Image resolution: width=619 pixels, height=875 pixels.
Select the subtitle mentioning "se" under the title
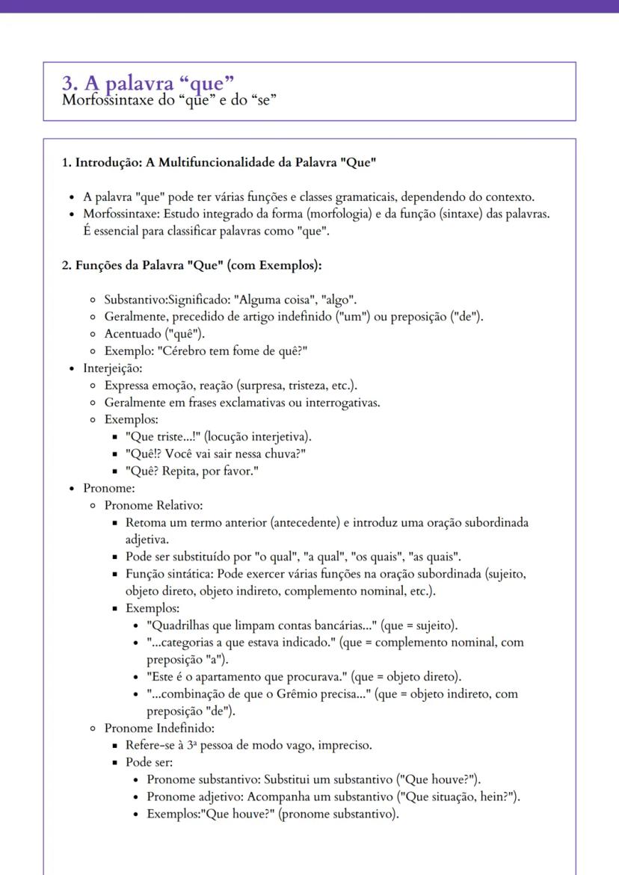(x=170, y=100)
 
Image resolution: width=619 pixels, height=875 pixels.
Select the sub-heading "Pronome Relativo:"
(x=153, y=505)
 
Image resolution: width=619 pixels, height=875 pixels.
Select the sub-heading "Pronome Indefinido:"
(x=158, y=728)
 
